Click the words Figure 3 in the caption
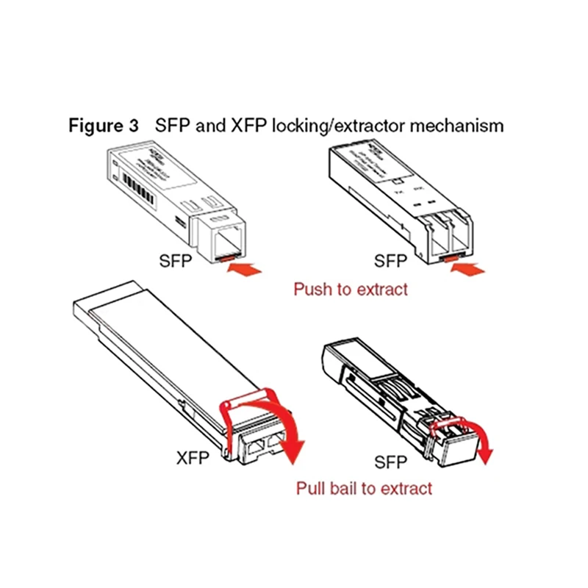(103, 125)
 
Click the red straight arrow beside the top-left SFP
(245, 270)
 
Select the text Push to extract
(350, 289)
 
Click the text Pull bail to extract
(364, 487)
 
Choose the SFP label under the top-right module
(390, 261)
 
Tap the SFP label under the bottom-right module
(390, 463)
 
